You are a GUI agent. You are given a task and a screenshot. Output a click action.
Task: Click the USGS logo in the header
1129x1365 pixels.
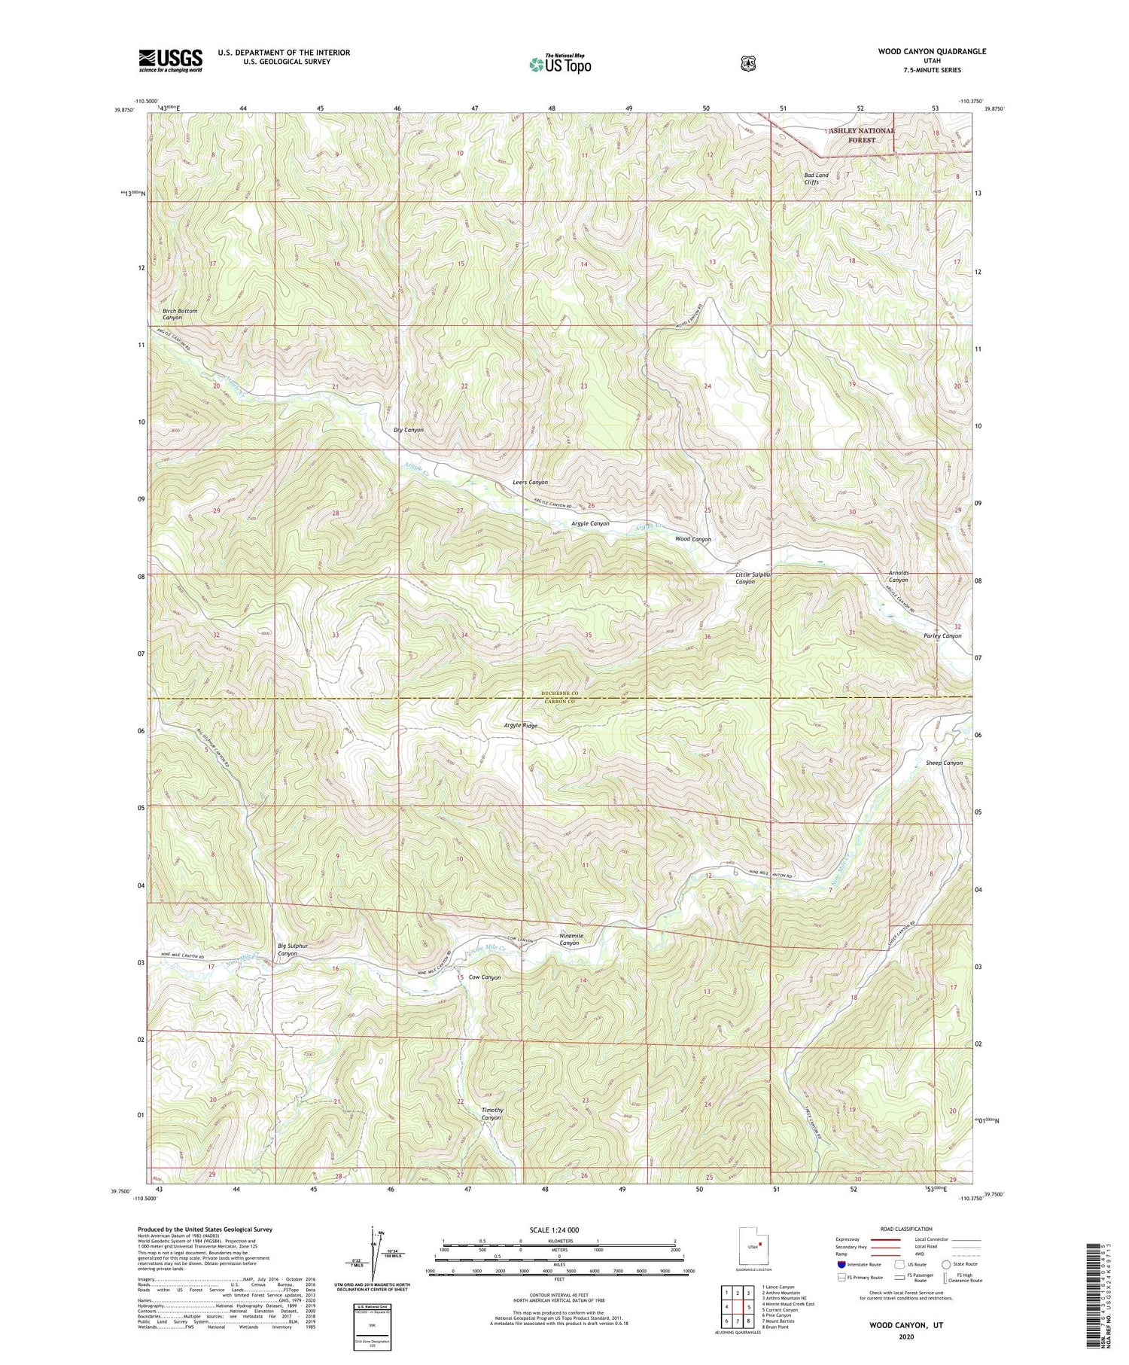(x=170, y=60)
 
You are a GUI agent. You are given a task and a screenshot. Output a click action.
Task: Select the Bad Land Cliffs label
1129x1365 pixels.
(x=816, y=178)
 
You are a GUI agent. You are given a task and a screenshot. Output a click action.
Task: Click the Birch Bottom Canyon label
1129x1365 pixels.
(x=180, y=314)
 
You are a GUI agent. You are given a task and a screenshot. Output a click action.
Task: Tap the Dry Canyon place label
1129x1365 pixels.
(x=409, y=430)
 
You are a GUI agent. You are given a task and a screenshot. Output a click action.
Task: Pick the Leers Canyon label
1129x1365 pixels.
(x=530, y=482)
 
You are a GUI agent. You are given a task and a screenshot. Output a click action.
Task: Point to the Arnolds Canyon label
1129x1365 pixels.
(x=898, y=576)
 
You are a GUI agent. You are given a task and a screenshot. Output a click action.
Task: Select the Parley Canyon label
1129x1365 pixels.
(x=942, y=635)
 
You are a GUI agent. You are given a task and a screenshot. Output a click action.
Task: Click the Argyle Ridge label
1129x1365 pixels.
(x=520, y=725)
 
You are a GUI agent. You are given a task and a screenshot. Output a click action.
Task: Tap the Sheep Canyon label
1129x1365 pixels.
(x=944, y=763)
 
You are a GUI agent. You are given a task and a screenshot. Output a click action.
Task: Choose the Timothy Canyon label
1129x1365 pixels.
(x=491, y=1114)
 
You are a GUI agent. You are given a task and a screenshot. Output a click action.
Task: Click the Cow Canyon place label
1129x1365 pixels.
(x=484, y=977)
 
